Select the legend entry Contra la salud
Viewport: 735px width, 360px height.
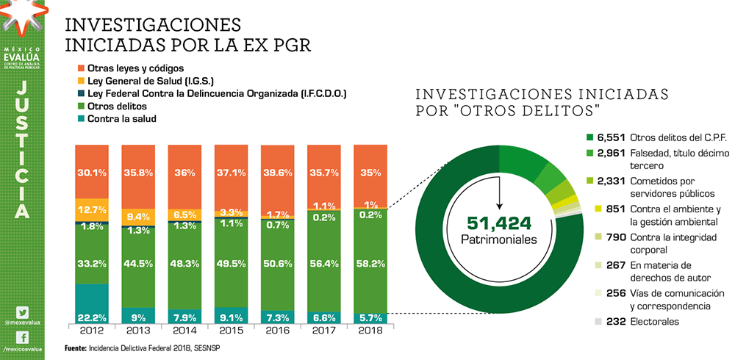121,118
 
